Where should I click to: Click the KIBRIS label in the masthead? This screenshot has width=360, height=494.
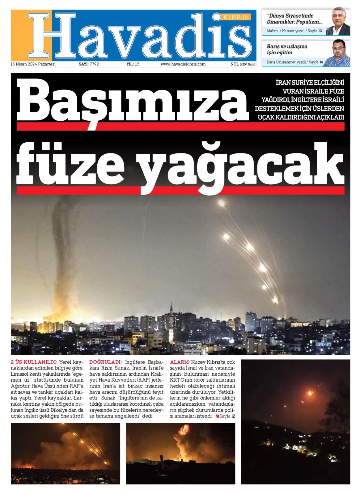point(236,17)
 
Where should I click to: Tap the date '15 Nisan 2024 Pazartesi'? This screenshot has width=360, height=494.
point(33,64)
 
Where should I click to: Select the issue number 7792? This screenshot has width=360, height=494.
point(94,64)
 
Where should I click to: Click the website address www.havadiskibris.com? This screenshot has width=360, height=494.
point(183,64)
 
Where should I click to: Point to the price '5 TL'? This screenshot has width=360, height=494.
point(234,64)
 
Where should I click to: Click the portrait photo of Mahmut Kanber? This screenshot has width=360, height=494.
point(338,22)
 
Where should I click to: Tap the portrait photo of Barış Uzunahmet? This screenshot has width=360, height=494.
point(339,53)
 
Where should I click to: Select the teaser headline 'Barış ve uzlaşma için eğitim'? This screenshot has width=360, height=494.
point(287,49)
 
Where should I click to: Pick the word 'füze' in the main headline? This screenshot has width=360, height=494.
point(70,164)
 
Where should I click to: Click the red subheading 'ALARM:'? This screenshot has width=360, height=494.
point(180,362)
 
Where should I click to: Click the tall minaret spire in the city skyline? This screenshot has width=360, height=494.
point(171,309)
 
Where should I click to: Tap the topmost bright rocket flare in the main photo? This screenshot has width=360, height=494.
point(221,203)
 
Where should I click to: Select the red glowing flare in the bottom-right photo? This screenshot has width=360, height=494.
point(309,393)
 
